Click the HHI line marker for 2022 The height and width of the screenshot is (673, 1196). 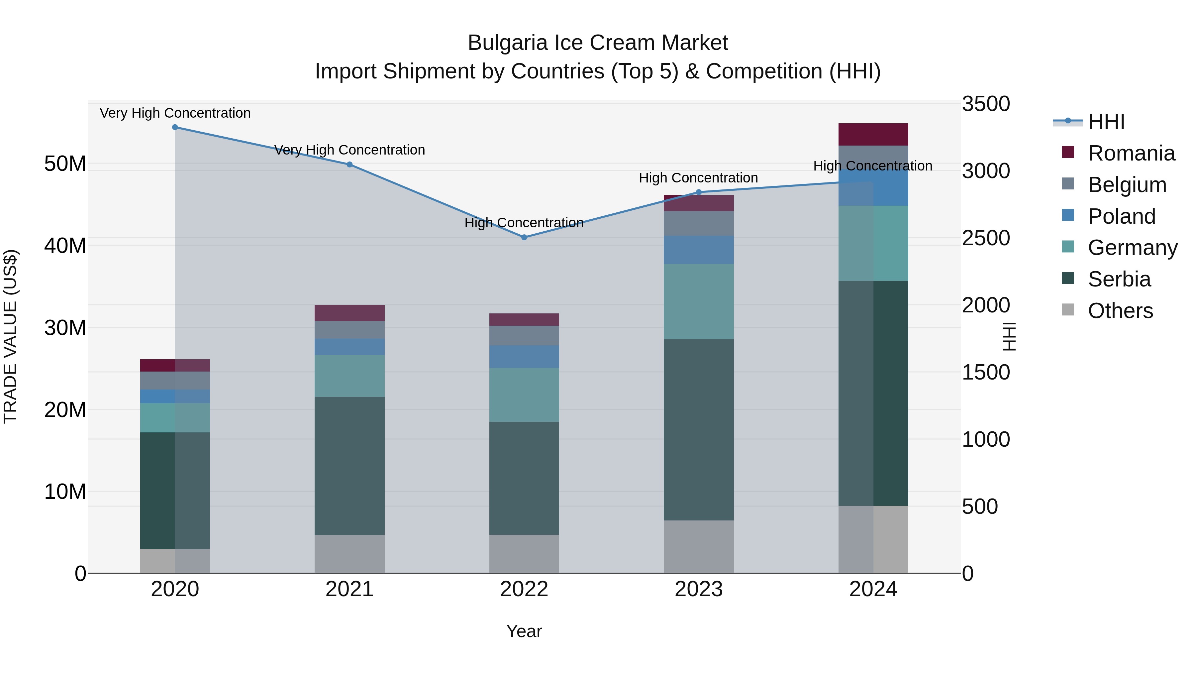(x=524, y=237)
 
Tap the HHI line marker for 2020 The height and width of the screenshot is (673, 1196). (x=175, y=127)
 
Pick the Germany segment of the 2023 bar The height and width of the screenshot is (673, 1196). (x=698, y=301)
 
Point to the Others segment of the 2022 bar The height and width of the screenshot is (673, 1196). (x=524, y=554)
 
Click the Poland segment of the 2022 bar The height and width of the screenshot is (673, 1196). (x=524, y=356)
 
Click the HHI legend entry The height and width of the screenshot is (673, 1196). (x=1106, y=122)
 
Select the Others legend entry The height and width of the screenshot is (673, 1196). (x=1120, y=311)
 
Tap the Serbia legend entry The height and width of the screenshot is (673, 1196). (x=1119, y=279)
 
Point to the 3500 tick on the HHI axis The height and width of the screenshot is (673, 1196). (x=985, y=104)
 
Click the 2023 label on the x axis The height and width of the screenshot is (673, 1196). (x=698, y=589)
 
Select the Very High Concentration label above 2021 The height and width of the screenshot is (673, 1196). (x=349, y=150)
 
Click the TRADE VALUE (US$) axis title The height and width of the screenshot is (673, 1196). (x=10, y=336)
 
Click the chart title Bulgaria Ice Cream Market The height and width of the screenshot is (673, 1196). (x=598, y=43)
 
